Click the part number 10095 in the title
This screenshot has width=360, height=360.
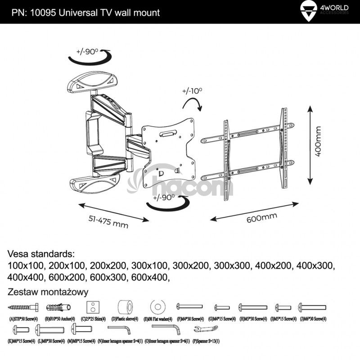click(43, 13)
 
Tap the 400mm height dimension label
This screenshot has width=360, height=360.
click(319, 141)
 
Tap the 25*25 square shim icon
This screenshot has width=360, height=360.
click(93, 307)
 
